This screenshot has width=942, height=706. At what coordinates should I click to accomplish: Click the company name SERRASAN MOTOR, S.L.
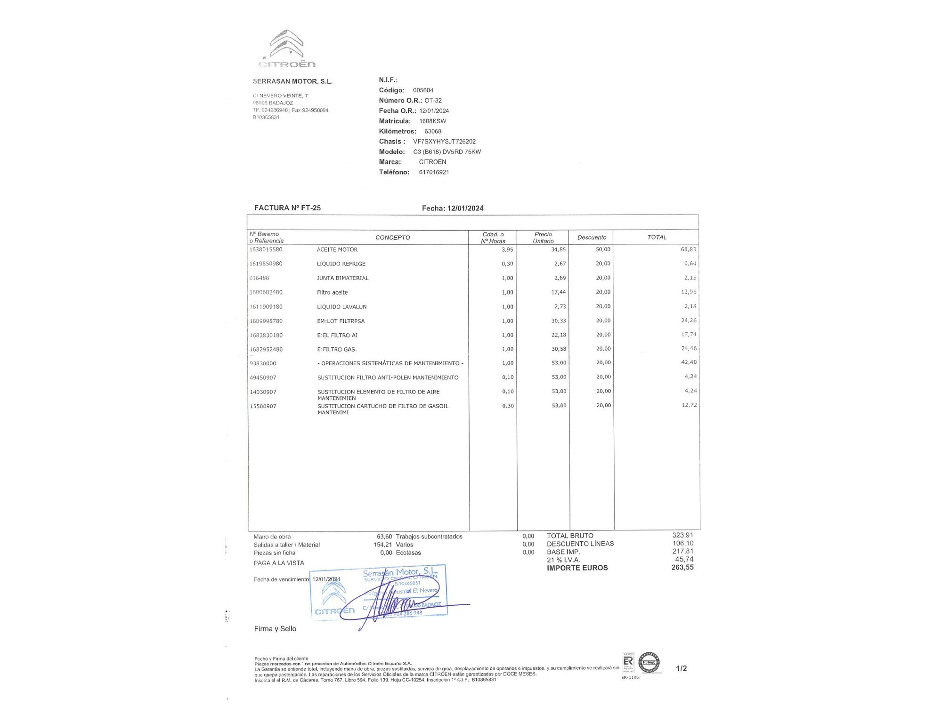tap(292, 81)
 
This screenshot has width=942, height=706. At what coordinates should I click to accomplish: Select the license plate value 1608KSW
tap(432, 121)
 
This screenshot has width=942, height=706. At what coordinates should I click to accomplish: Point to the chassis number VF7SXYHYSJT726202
tap(444, 141)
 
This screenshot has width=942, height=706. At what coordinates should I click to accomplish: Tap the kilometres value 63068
tap(433, 131)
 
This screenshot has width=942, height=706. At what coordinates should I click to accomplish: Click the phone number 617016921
tap(434, 172)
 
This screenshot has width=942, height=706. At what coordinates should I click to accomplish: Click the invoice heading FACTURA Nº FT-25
tap(287, 208)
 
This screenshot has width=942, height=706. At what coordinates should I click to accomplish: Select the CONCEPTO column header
tap(392, 238)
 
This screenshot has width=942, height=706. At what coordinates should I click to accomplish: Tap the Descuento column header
tap(592, 238)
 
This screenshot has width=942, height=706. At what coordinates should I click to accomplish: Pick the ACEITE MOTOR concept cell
tap(337, 249)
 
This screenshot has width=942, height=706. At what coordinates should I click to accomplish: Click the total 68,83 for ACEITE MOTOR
tap(688, 249)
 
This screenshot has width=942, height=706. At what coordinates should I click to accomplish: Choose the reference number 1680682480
tap(266, 292)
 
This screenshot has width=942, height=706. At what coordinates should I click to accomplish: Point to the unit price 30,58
tap(559, 349)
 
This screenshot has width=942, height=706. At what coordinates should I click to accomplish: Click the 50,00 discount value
tap(603, 249)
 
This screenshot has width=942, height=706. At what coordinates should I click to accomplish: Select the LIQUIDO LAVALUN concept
tap(341, 307)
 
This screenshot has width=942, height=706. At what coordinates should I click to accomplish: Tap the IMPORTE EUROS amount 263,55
tap(682, 568)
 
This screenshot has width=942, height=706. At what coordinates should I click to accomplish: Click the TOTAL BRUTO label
tap(570, 536)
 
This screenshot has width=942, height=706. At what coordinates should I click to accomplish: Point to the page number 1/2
tap(681, 668)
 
